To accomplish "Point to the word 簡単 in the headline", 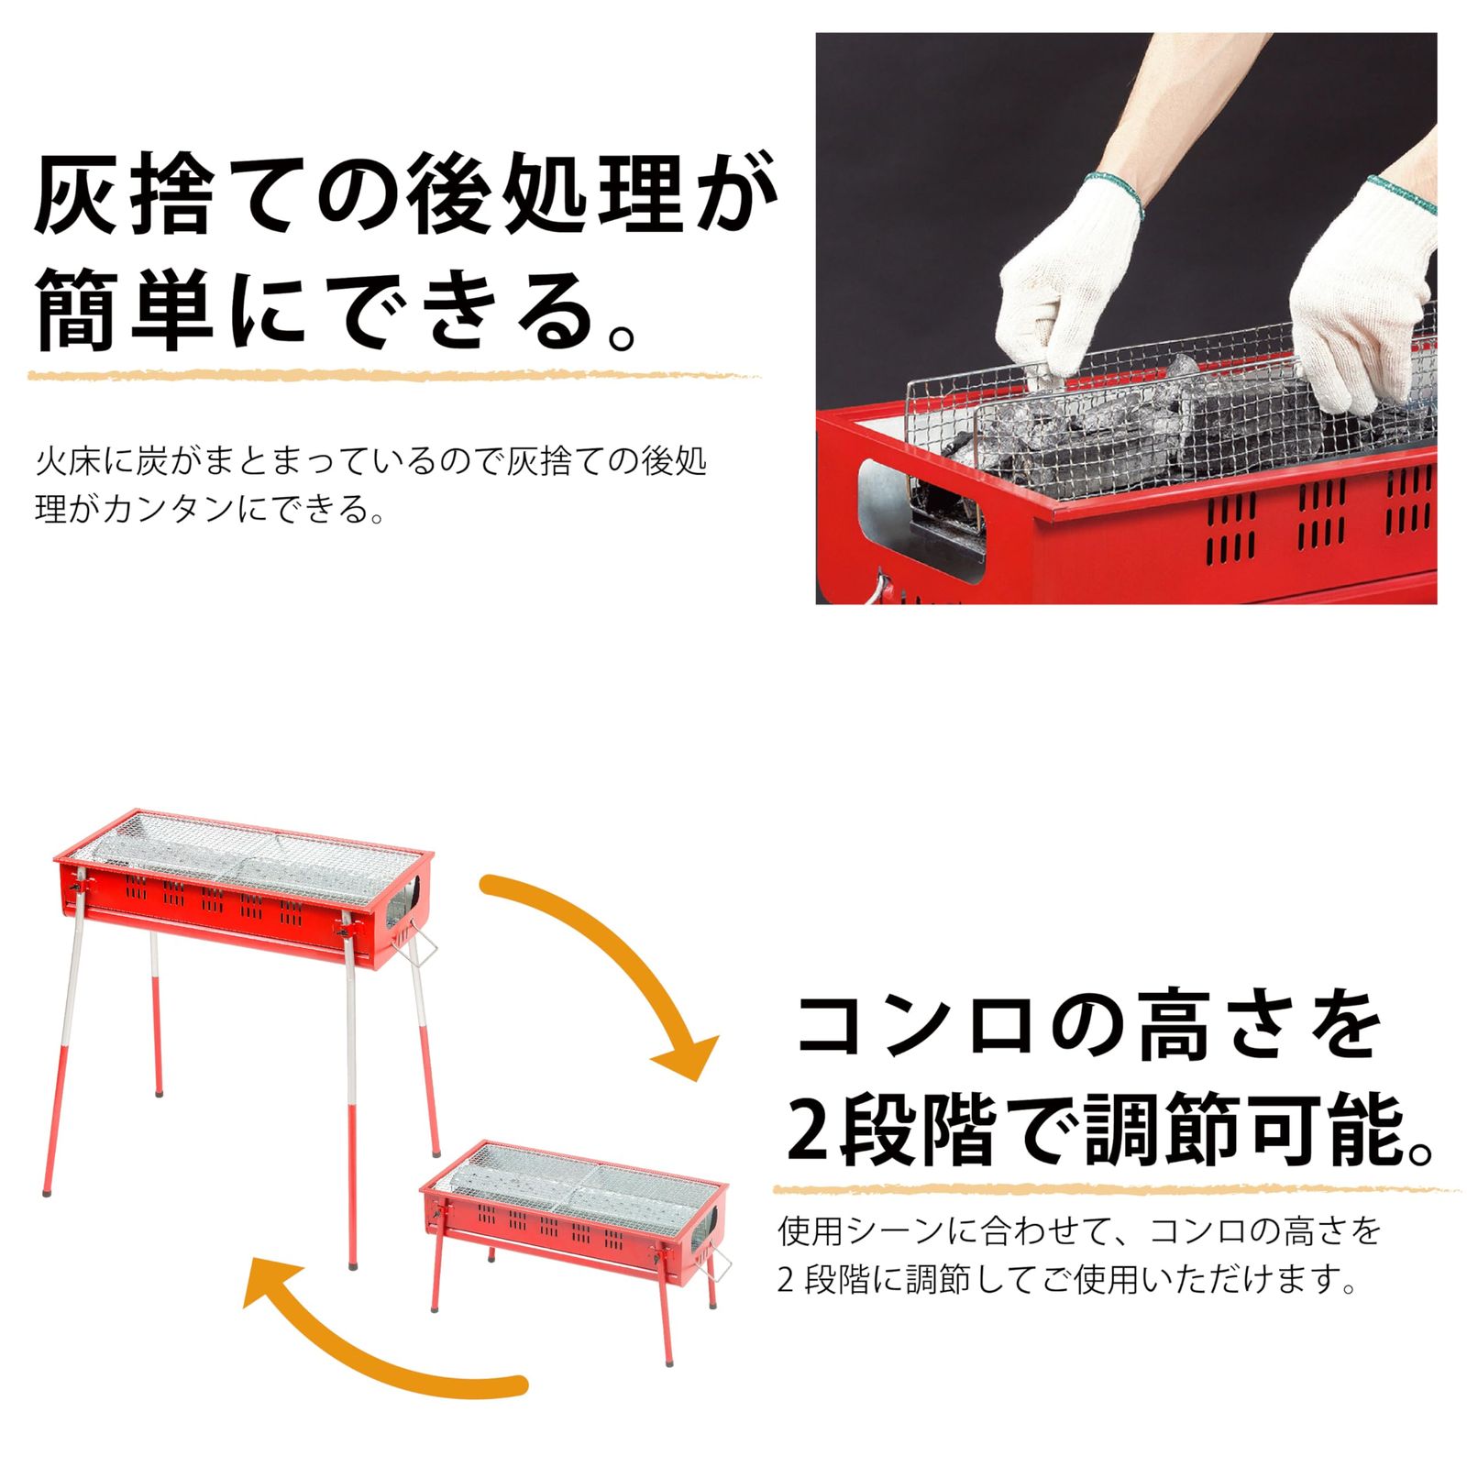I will (x=124, y=312).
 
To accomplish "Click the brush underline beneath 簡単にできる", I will (x=394, y=375).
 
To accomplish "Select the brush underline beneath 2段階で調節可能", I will (x=1114, y=1189).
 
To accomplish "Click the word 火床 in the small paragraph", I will (x=69, y=461).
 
